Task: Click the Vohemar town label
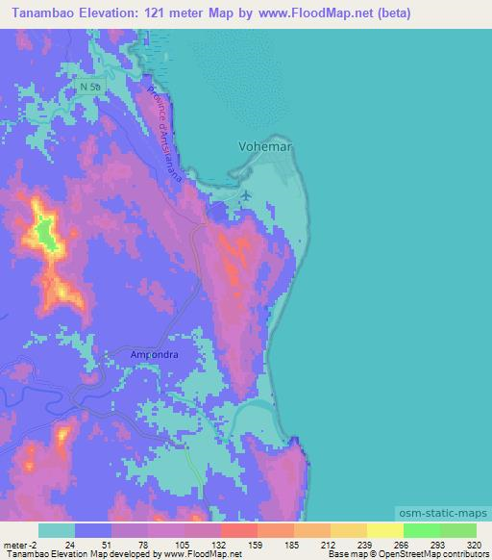click(264, 146)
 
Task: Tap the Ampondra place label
click(155, 353)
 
